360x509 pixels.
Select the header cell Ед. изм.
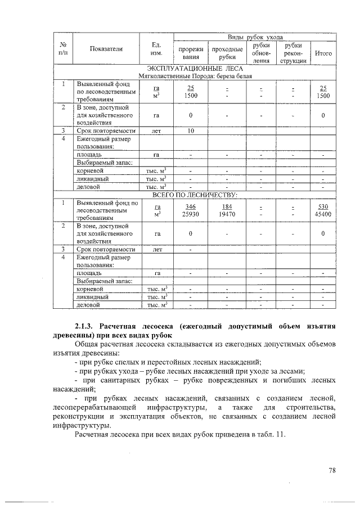click(x=157, y=49)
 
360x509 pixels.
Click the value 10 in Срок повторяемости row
click(x=191, y=130)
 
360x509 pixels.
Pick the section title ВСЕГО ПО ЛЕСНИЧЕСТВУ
click(x=196, y=195)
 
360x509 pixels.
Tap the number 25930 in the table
click(x=191, y=214)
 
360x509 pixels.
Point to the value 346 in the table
click(x=191, y=206)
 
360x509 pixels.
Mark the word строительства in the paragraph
click(x=309, y=407)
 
